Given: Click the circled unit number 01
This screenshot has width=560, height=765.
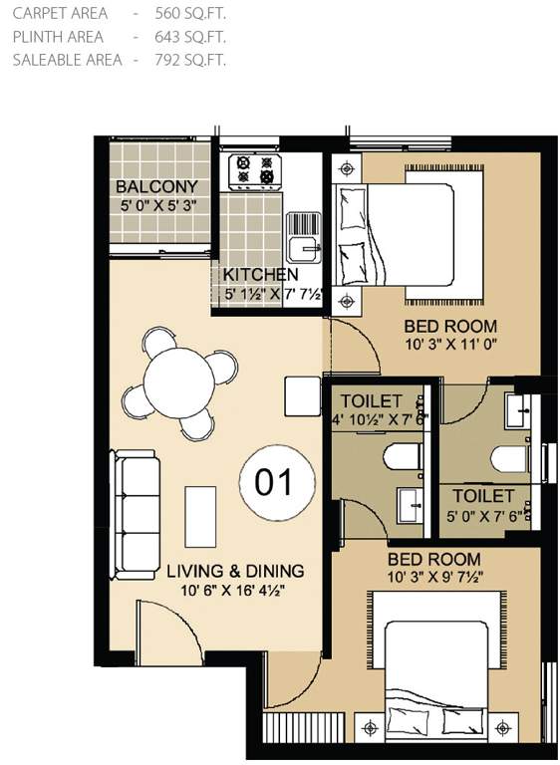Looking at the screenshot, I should tap(273, 483).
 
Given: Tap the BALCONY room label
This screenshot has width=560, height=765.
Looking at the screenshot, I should tap(156, 188).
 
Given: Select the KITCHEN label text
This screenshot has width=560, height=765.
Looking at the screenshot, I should tap(260, 275).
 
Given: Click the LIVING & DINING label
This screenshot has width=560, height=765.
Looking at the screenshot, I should tap(235, 571).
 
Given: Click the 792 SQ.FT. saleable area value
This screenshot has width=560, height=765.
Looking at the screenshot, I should tap(191, 60).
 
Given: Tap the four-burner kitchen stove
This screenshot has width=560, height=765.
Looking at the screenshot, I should tap(252, 170).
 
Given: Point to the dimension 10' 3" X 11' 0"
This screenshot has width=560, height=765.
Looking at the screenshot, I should tap(450, 345).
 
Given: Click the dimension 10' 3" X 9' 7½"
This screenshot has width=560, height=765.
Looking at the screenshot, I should tap(434, 579).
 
